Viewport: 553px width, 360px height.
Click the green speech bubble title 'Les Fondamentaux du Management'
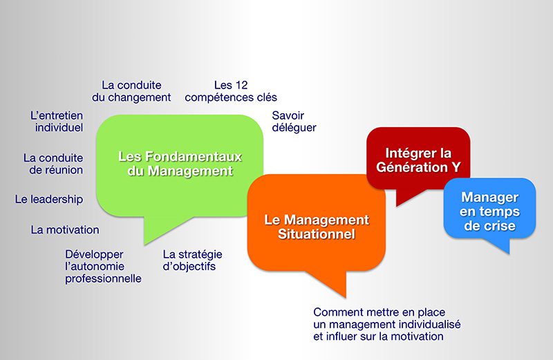point(180,164)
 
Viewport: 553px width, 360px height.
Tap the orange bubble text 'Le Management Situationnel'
point(316,227)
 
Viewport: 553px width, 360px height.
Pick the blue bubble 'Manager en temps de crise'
point(490,211)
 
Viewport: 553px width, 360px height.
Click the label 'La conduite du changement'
point(131,91)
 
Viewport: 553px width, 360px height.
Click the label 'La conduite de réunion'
point(53,164)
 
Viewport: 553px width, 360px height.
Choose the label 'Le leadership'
point(49,199)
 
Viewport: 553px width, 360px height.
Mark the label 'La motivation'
point(65,229)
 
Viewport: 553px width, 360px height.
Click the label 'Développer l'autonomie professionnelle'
point(103,266)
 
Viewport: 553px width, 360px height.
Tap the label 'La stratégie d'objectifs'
point(192,260)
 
